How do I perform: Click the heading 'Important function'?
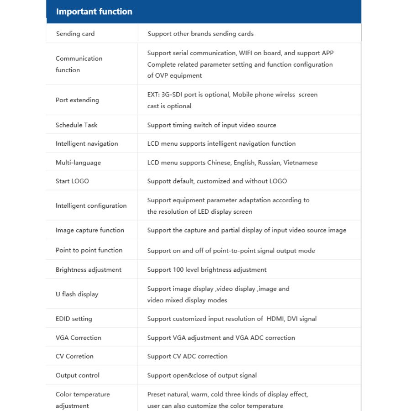point(94,12)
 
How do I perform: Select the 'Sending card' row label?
point(75,34)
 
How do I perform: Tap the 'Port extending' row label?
point(77,100)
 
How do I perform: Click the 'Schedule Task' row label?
point(76,125)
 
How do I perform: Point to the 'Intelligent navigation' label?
point(87,144)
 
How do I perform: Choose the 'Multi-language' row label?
point(78,163)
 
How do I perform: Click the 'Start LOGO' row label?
point(72,181)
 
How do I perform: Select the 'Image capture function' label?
point(90,230)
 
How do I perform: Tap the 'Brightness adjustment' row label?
point(89,270)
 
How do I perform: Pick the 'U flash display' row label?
point(77,295)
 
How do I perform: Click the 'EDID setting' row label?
point(74,319)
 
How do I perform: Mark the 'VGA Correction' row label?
point(79,338)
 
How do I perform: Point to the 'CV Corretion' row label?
point(74,357)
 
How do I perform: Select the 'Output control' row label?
point(77,375)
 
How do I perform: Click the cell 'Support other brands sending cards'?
point(200,34)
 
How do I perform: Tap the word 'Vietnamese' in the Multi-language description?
point(300,163)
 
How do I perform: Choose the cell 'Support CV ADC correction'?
point(187,357)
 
